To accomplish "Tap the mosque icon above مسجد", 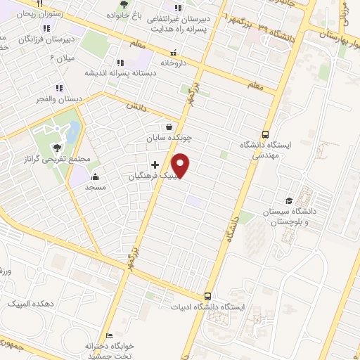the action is [x=94, y=177].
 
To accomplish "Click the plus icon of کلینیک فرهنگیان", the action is [x=155, y=165].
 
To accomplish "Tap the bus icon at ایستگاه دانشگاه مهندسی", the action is [x=265, y=134].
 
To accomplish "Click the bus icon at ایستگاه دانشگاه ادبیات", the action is [x=207, y=296].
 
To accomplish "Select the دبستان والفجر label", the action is [x=60, y=99].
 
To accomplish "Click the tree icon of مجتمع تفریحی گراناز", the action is [x=57, y=147].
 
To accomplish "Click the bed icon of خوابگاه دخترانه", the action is [x=108, y=335].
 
